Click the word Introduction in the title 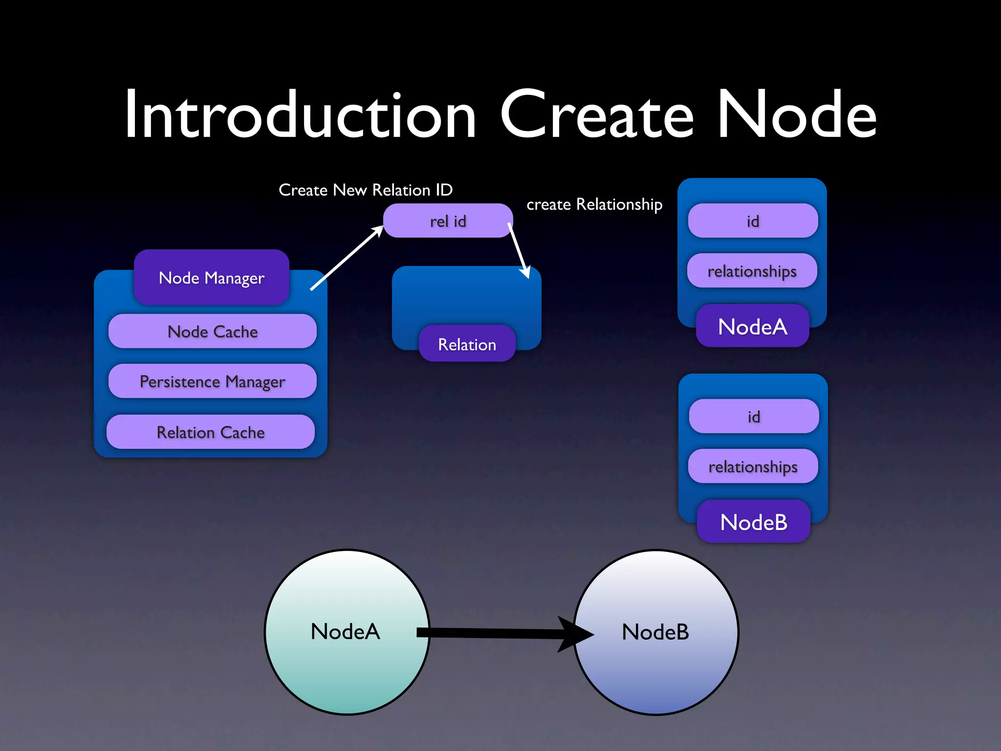click(x=300, y=115)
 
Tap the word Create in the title click(x=596, y=115)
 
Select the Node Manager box click(x=212, y=277)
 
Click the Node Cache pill click(x=212, y=331)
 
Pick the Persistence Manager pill click(x=212, y=381)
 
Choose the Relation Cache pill click(x=211, y=432)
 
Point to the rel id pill click(x=448, y=221)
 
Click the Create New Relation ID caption click(x=366, y=190)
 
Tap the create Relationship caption click(x=594, y=204)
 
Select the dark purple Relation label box click(x=467, y=344)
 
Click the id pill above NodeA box click(x=753, y=221)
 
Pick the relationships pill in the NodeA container click(x=752, y=271)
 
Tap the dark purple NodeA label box click(x=753, y=326)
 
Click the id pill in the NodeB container click(x=754, y=417)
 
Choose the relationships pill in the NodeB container click(x=753, y=466)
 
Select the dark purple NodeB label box click(x=754, y=522)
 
